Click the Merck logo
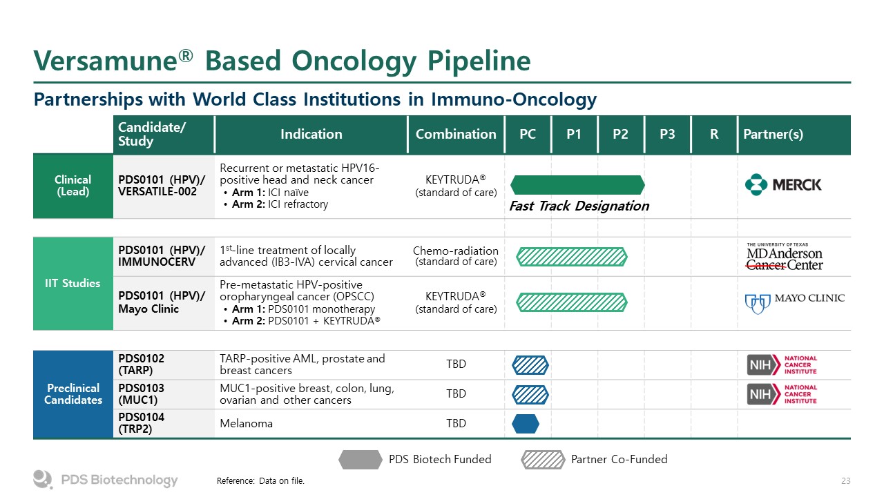[x=783, y=184]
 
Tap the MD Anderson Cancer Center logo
[x=785, y=257]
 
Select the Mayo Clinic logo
[x=794, y=303]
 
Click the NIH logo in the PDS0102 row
[x=782, y=365]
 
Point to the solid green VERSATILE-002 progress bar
[x=577, y=185]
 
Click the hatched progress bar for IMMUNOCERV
[x=571, y=257]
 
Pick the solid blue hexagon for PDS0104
[x=526, y=424]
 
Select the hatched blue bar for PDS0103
[x=530, y=394]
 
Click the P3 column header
[x=667, y=134]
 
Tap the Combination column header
[x=456, y=134]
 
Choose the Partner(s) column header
[x=773, y=134]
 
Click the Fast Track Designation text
[x=579, y=206]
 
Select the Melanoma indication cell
[x=246, y=423]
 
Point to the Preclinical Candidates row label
[x=73, y=394]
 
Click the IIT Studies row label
[x=73, y=283]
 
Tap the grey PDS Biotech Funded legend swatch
[x=361, y=460]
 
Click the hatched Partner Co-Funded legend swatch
[x=543, y=460]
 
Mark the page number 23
[x=846, y=481]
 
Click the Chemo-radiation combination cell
[x=456, y=256]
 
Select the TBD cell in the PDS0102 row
[x=456, y=364]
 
